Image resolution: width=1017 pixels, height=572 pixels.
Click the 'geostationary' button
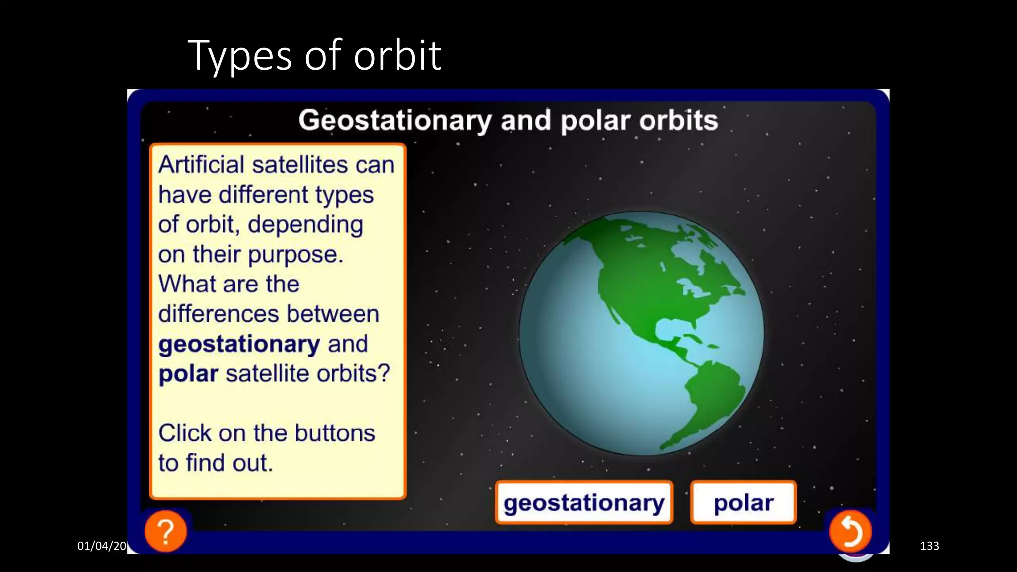click(584, 502)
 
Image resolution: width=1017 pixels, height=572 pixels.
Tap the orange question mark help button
click(166, 531)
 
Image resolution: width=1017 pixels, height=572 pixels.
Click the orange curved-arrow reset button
click(850, 531)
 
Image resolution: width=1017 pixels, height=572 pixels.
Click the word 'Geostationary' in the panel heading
click(395, 121)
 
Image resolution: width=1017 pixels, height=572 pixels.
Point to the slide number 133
click(929, 546)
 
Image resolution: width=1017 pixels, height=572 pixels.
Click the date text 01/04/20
click(102, 546)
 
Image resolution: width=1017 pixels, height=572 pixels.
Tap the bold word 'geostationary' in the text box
click(239, 344)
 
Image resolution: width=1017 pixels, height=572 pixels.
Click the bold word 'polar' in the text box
click(188, 374)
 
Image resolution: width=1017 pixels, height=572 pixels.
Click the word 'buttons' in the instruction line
click(335, 433)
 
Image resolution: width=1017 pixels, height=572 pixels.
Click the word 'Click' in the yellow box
click(185, 433)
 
